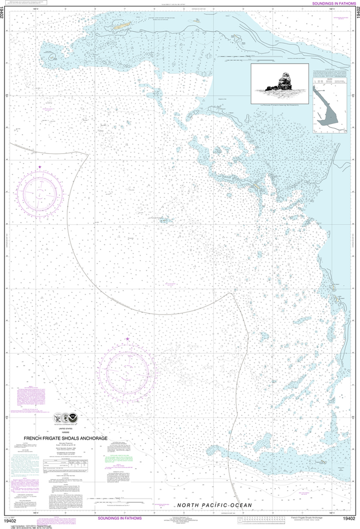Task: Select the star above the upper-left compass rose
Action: (x=40, y=167)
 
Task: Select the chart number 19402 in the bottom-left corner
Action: (x=10, y=519)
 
